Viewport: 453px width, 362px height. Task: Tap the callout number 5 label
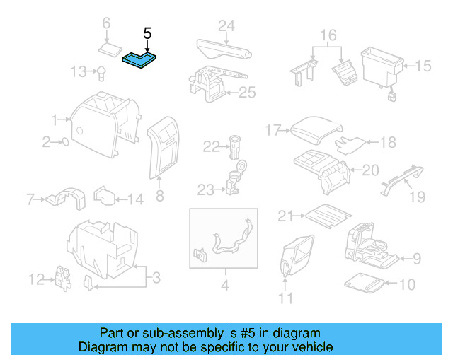coord(147,33)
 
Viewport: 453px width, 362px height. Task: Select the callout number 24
coord(226,26)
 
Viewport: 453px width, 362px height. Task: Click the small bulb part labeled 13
coord(102,71)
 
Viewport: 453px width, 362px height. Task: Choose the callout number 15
coord(423,66)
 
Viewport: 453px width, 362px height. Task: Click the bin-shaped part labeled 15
coord(381,67)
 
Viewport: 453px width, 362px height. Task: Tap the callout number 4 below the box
coord(225,286)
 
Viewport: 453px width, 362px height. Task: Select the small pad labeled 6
coord(110,49)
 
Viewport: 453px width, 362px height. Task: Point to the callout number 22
coord(212,147)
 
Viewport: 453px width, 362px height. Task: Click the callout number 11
coord(285,298)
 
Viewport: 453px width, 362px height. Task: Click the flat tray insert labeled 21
coord(326,213)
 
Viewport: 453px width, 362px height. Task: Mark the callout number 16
coord(328,35)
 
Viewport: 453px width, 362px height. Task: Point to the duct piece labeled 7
coord(64,199)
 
